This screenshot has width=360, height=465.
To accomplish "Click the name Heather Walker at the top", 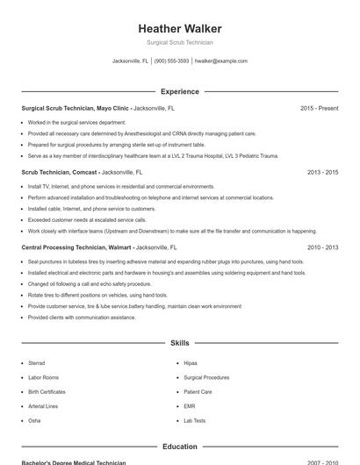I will click(x=180, y=29).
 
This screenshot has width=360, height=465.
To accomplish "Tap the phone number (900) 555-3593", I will click(x=171, y=61).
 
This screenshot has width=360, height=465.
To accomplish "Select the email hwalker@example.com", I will click(x=220, y=61).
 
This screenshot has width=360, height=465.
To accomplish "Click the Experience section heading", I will click(x=180, y=91).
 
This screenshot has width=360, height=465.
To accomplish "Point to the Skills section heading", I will click(x=180, y=343).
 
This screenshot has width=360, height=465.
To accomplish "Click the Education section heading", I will click(x=180, y=447).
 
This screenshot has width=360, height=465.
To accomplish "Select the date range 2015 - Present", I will click(x=319, y=108).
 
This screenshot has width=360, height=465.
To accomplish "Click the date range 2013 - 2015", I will click(x=322, y=173).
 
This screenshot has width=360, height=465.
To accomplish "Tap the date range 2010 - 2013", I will click(x=322, y=247).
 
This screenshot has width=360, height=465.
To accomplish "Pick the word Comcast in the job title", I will click(x=84, y=173).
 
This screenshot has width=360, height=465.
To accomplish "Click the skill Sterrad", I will click(x=36, y=363).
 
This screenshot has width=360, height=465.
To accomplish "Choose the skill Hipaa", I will click(x=191, y=363).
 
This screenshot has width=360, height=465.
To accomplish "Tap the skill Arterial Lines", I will click(x=43, y=406).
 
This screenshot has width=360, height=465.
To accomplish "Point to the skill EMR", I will click(x=190, y=406).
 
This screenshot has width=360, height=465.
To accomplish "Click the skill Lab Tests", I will click(x=194, y=421).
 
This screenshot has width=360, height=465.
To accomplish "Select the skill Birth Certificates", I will click(x=47, y=392).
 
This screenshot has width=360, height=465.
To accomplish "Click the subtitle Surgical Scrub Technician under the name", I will click(x=180, y=42).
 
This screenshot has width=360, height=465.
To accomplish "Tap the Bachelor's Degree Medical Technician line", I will click(x=74, y=461).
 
